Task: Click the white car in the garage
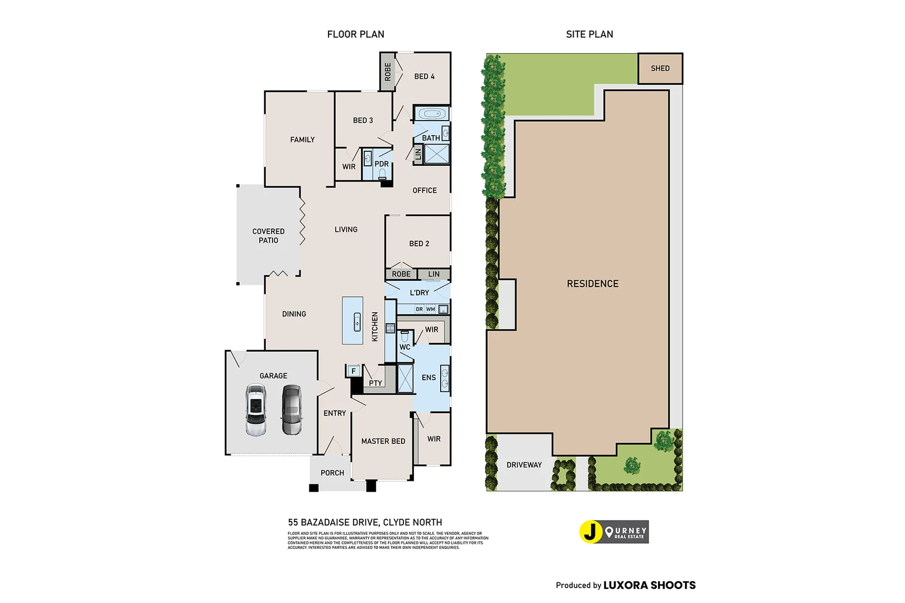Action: [255, 410]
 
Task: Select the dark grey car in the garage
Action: [291, 410]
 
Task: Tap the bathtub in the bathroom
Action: [431, 114]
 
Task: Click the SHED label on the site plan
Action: [660, 68]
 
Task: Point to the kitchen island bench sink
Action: [357, 322]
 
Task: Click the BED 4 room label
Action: [424, 76]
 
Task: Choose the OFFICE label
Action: [425, 190]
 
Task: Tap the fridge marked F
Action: [353, 371]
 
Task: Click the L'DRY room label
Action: [420, 293]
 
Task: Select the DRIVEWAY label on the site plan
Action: [524, 465]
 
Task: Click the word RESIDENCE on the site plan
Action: [593, 284]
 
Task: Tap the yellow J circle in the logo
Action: [590, 532]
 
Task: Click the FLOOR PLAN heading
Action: [355, 34]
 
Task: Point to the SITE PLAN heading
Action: [589, 34]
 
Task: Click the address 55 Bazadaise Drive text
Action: [365, 522]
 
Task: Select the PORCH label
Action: [332, 473]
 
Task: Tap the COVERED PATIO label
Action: [268, 236]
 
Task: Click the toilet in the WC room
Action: [405, 337]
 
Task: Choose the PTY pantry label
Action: [375, 383]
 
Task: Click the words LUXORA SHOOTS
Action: [649, 585]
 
